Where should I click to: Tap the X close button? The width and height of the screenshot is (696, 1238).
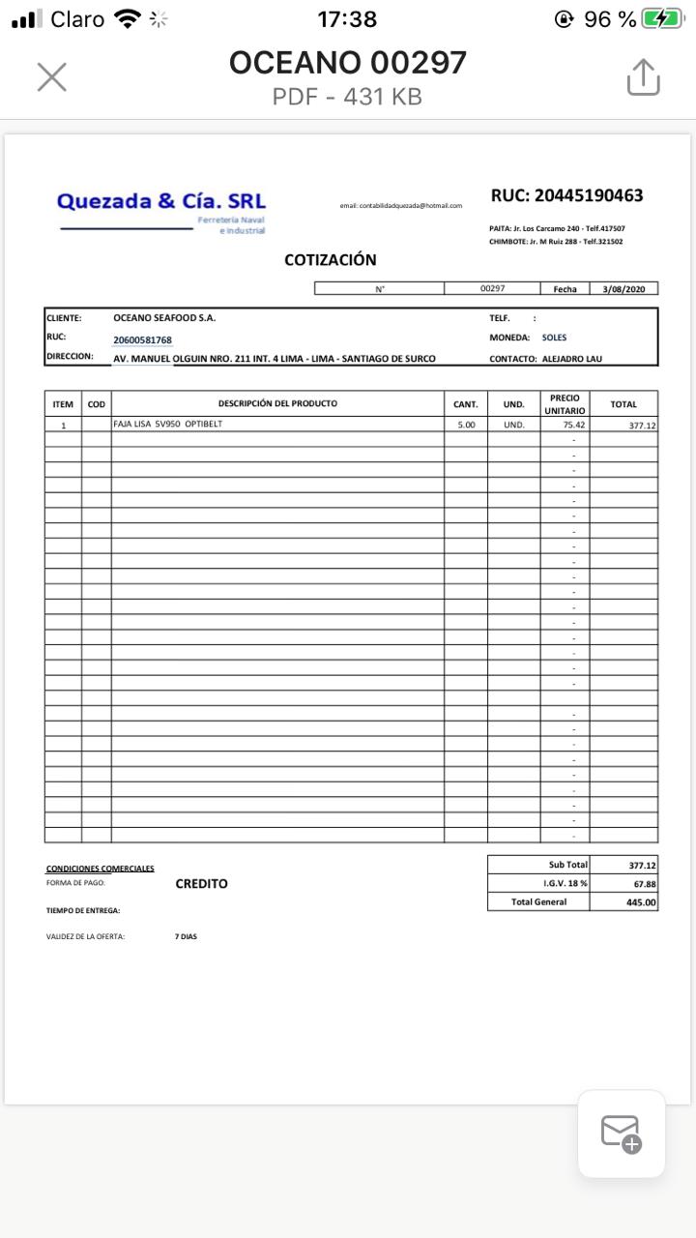(x=51, y=77)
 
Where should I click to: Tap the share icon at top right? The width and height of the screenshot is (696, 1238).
(x=643, y=77)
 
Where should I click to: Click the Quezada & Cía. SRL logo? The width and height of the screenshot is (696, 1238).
(x=161, y=209)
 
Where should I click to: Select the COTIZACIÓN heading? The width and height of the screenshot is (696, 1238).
(x=331, y=259)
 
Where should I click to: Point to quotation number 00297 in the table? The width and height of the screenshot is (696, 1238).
(x=492, y=288)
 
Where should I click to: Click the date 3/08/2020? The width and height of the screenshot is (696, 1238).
(x=629, y=288)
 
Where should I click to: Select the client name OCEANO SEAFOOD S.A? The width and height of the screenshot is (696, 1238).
(x=164, y=317)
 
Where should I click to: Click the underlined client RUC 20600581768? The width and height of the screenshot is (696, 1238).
(x=142, y=339)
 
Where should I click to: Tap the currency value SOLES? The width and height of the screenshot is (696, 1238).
(x=554, y=338)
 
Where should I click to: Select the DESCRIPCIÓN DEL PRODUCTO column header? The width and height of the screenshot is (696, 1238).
(x=277, y=403)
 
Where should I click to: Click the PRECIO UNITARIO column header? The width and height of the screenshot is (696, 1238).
(x=565, y=404)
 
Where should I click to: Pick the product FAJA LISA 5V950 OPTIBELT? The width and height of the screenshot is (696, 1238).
(x=167, y=424)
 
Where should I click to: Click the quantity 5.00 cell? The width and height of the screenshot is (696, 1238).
(x=466, y=425)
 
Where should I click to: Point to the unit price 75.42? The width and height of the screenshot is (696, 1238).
(x=573, y=425)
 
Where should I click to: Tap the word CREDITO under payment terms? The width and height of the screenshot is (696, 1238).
(x=201, y=883)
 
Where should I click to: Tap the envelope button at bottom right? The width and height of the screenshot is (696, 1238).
(x=621, y=1134)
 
